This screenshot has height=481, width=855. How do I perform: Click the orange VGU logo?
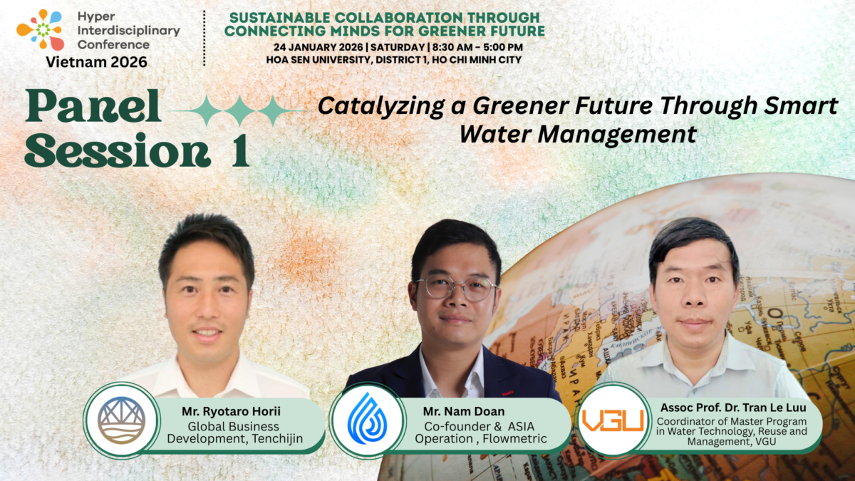pyautogui.click(x=612, y=420)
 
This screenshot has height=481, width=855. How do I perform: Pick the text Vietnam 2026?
pyautogui.click(x=97, y=61)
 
